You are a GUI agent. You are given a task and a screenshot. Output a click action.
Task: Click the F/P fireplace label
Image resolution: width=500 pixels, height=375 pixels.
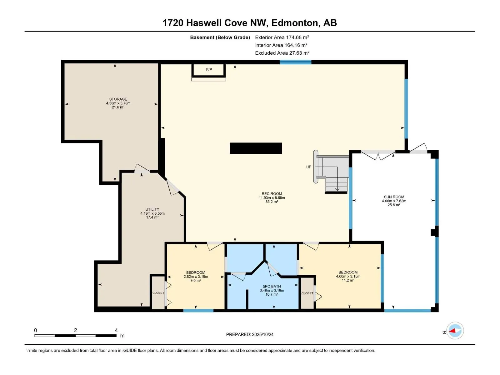tap(209, 69)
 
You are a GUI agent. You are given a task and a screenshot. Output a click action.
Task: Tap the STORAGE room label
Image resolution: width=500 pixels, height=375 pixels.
tap(118, 99)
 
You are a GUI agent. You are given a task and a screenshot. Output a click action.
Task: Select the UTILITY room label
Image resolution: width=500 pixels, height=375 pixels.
tap(152, 210)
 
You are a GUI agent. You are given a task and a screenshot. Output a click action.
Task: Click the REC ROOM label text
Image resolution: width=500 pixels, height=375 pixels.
tap(272, 194)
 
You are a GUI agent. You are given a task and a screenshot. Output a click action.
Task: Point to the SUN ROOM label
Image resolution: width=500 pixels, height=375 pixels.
tap(394, 197)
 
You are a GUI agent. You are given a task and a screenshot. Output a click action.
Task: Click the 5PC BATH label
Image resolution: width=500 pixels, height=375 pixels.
tap(272, 287)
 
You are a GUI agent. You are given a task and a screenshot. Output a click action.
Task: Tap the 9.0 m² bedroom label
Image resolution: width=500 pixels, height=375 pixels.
tap(196, 273)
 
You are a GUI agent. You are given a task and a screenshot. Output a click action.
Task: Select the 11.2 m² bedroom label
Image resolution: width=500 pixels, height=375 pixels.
tap(348, 272)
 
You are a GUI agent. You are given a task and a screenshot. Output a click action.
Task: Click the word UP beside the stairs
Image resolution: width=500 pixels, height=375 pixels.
tap(309, 167)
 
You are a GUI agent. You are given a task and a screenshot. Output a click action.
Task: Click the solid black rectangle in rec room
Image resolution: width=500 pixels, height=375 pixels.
tap(256, 148)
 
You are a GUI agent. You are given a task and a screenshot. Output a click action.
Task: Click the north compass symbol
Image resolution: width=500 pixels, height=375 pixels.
tap(455, 331)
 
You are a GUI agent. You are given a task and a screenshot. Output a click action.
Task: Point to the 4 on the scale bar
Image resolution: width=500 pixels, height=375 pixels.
tap(116, 330)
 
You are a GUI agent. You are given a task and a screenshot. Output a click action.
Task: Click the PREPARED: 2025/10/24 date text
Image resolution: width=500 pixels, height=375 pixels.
tap(250, 334)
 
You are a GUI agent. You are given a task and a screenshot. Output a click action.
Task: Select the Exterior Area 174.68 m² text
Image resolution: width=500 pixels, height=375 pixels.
tap(282, 37)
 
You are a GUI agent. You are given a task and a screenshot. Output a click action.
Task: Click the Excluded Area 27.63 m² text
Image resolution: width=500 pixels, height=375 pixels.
tap(282, 53)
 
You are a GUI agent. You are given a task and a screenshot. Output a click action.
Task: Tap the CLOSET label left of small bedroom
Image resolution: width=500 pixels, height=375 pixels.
tap(158, 293)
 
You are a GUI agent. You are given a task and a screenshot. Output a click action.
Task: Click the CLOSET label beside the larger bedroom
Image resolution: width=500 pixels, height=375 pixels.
tap(307, 293)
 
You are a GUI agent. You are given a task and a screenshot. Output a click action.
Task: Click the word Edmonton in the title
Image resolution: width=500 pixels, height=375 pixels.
tap(295, 23)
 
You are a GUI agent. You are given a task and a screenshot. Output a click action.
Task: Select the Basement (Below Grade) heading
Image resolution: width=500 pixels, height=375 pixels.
tap(220, 37)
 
